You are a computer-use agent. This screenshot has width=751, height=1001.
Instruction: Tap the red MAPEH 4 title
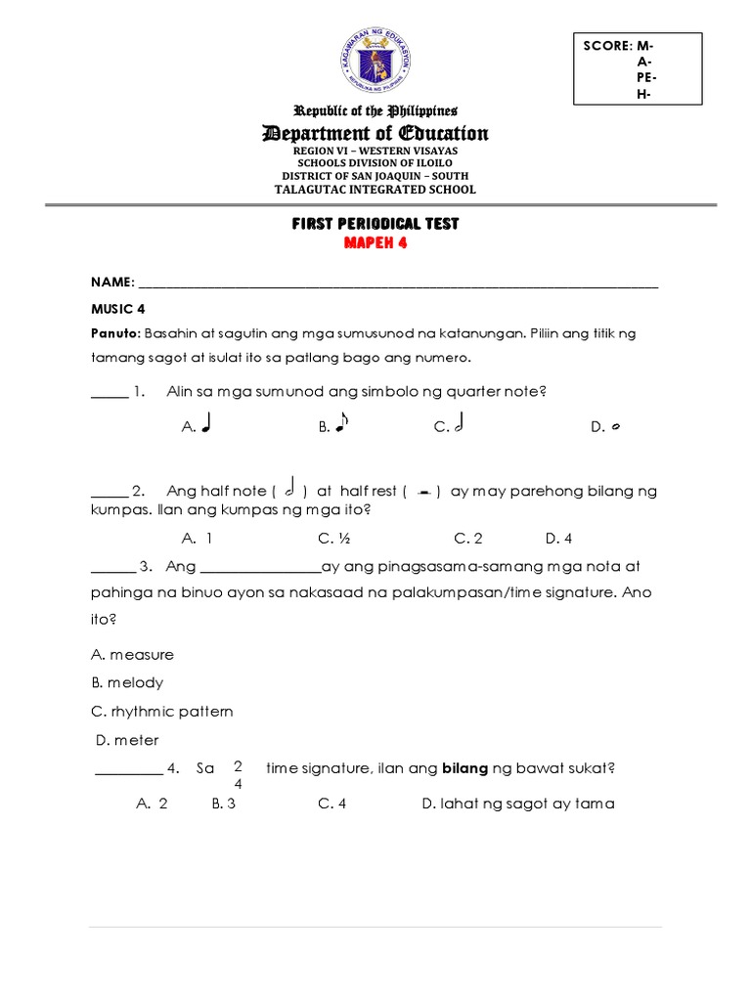375,243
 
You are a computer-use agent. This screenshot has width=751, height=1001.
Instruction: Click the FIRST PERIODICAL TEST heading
375,224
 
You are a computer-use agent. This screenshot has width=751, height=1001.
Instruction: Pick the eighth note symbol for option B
341,424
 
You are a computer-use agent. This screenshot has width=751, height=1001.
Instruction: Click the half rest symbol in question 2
423,493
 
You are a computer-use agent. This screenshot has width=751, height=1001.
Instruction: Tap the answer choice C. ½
332,538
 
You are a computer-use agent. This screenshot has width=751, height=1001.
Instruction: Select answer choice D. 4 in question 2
558,538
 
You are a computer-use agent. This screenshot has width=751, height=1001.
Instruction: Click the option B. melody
127,682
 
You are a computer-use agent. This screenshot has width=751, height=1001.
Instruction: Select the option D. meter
127,740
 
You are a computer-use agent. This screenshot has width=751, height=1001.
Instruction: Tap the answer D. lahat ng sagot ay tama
518,804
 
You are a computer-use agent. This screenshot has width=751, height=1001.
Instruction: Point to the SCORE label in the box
607,46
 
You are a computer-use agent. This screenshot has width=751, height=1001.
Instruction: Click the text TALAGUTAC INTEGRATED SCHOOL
375,190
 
